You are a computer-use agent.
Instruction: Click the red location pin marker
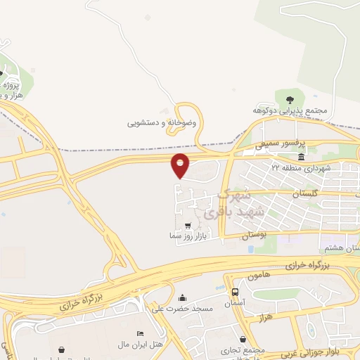click(x=181, y=165)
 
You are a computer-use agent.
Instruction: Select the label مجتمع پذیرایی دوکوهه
click(x=292, y=110)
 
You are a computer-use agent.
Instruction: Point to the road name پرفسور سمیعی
click(x=266, y=145)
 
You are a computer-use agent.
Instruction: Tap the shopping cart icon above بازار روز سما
click(x=187, y=225)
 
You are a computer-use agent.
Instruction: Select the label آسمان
click(x=234, y=302)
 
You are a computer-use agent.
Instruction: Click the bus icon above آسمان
click(x=235, y=290)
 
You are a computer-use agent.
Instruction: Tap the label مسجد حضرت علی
click(x=183, y=308)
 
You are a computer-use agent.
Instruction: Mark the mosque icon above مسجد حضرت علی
click(x=183, y=297)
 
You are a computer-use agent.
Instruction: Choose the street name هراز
click(x=264, y=318)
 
